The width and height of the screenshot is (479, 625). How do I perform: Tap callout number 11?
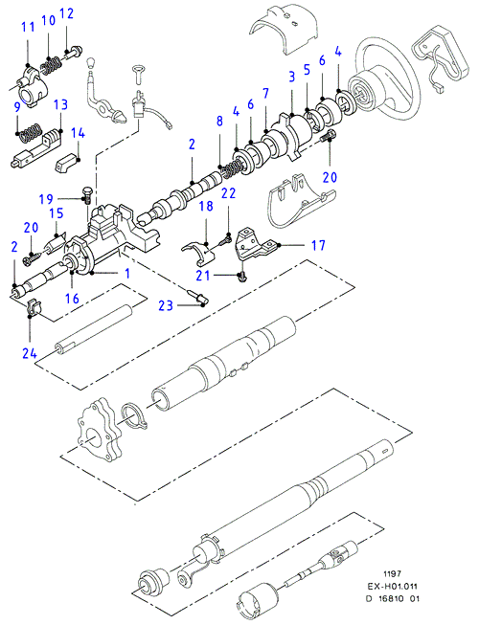pyautogui.click(x=29, y=27)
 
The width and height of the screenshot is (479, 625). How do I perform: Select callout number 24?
pyautogui.click(x=30, y=353)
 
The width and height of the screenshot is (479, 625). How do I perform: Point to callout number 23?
pyautogui.click(x=166, y=305)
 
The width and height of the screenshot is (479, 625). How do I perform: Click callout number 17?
pyautogui.click(x=318, y=245)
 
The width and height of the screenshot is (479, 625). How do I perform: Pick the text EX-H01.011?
pyautogui.click(x=392, y=587)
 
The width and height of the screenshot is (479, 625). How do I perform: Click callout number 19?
pyautogui.click(x=46, y=198)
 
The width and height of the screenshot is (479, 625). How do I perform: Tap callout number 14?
pyautogui.click(x=78, y=133)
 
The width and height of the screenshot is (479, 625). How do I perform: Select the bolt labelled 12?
pyautogui.click(x=74, y=52)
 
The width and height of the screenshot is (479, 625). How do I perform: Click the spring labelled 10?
pyautogui.click(x=52, y=65)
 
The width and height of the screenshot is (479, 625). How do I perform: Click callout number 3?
pyautogui.click(x=292, y=77)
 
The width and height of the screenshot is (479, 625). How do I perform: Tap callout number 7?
pyautogui.click(x=265, y=94)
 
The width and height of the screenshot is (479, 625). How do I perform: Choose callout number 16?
pyautogui.click(x=72, y=299)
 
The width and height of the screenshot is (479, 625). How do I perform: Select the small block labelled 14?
pyautogui.click(x=66, y=163)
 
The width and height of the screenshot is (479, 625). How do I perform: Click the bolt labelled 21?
pyautogui.click(x=242, y=278)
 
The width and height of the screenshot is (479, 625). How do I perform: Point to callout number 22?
pyautogui.click(x=228, y=193)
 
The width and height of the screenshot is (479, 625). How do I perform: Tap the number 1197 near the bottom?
pyautogui.click(x=392, y=574)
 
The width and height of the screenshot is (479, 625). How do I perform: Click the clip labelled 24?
pyautogui.click(x=35, y=307)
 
